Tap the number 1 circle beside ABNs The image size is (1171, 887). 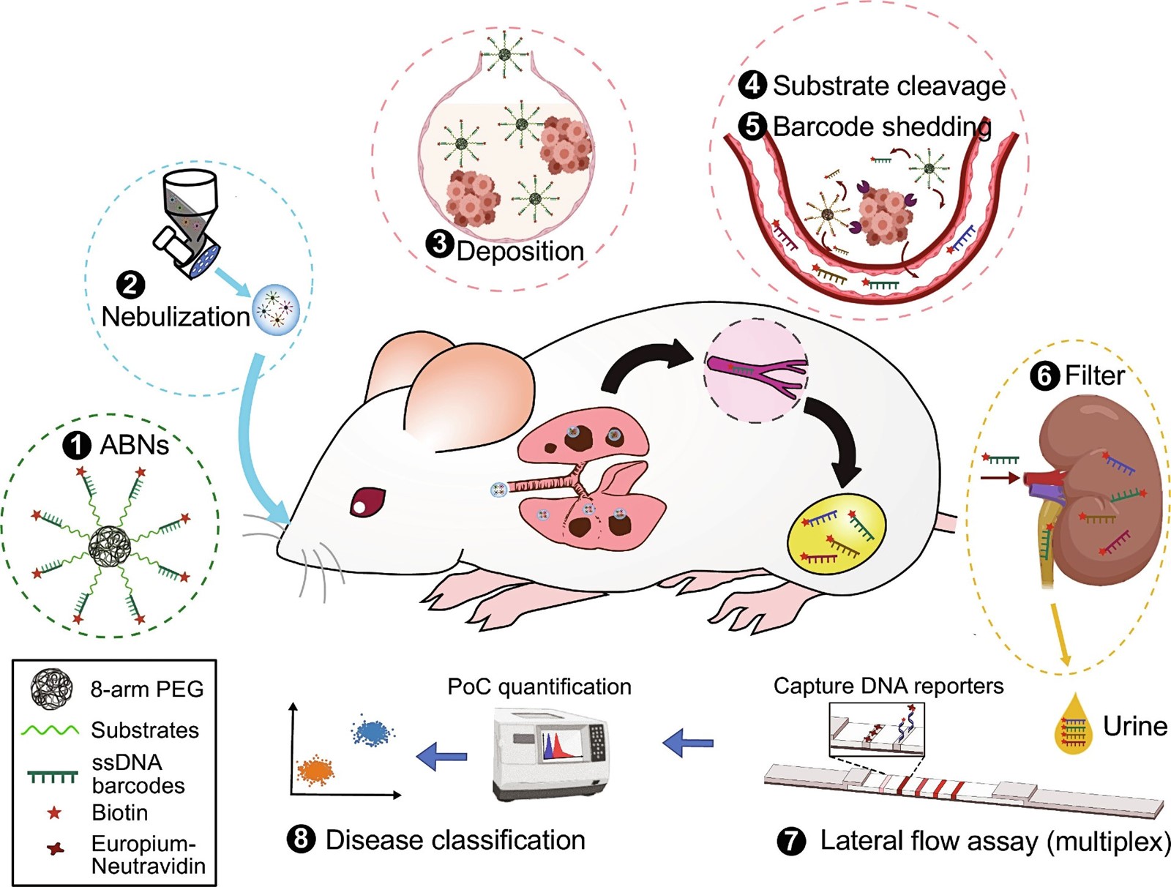[x=77, y=445]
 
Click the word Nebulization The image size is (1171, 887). [x=176, y=317]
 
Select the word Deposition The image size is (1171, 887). [x=520, y=251]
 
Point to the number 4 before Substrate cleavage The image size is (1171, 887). [x=752, y=86]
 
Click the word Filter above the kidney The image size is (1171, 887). [x=1095, y=375]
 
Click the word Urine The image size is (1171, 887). [x=1135, y=727]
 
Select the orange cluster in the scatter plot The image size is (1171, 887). [x=315, y=770]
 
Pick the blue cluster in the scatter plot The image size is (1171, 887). [x=373, y=730]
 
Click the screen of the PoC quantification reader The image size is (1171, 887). [x=562, y=744]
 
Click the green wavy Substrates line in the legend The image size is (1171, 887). [x=50, y=730]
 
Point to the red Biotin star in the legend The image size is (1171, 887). [x=54, y=813]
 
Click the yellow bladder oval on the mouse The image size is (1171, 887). [x=837, y=534]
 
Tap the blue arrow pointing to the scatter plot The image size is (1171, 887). [x=441, y=756]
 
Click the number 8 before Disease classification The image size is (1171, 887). [x=300, y=839]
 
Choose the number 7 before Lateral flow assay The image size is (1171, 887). [x=792, y=841]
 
